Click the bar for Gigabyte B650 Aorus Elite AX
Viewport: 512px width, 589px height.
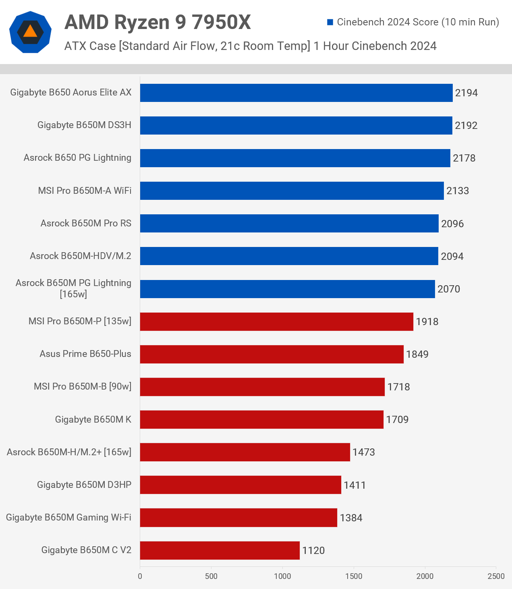(x=296, y=93)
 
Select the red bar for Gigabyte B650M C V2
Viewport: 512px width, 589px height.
(x=220, y=550)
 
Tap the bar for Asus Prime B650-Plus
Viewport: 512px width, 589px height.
(x=272, y=354)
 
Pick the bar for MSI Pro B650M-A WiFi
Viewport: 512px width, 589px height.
(x=292, y=191)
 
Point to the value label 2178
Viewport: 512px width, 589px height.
(x=464, y=158)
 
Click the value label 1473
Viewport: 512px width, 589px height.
(x=363, y=452)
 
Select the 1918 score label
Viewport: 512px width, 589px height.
(x=427, y=321)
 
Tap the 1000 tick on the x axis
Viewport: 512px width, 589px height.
(x=282, y=576)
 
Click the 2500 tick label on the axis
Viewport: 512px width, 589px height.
(x=496, y=576)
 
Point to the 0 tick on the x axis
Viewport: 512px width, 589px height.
(x=140, y=576)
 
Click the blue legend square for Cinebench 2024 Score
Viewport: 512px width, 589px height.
(x=330, y=22)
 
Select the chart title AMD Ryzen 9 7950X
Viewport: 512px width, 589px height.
(x=158, y=22)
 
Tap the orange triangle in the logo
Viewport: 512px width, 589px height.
(x=30, y=31)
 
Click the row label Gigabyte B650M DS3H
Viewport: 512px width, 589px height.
(x=84, y=125)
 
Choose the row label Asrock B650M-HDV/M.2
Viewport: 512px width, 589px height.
(x=81, y=256)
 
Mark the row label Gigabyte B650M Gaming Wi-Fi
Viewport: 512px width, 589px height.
(x=68, y=517)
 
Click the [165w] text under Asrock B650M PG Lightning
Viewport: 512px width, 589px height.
(x=73, y=294)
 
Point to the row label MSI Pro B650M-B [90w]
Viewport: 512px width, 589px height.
(x=83, y=386)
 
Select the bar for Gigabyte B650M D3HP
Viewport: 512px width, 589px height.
(x=240, y=485)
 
